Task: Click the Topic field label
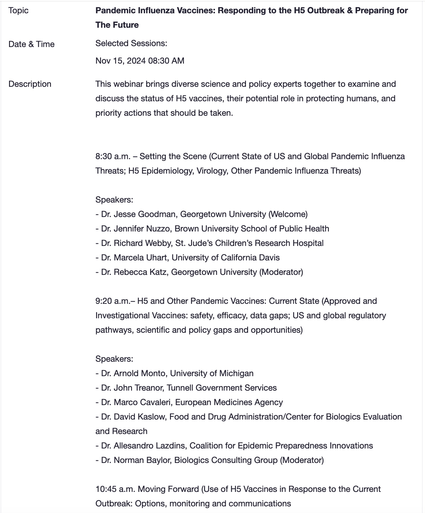(18, 11)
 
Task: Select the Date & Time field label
(31, 44)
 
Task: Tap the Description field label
(30, 84)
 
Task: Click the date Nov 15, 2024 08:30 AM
(140, 61)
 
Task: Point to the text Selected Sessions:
(131, 43)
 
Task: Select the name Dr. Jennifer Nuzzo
(136, 229)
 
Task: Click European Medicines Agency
(229, 402)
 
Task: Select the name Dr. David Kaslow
(133, 417)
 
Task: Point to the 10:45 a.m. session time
(115, 489)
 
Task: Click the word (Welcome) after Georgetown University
(288, 214)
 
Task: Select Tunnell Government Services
(222, 388)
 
